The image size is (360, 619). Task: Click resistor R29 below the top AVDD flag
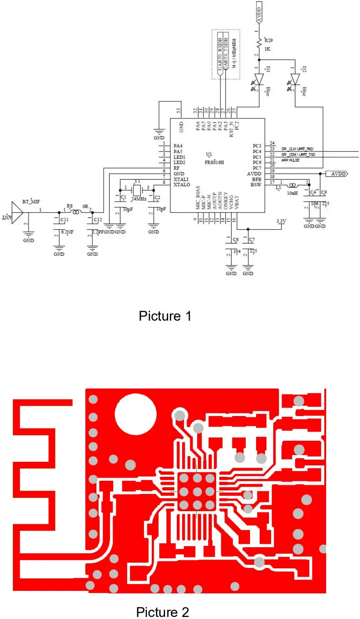point(259,44)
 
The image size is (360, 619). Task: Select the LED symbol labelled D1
point(259,79)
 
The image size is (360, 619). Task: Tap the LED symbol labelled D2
point(295,79)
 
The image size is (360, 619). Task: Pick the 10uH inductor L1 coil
point(293,185)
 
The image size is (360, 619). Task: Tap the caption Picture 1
point(165,316)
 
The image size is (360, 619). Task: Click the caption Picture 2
point(162,612)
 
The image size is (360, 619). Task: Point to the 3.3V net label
point(280,221)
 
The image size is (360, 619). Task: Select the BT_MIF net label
point(31,202)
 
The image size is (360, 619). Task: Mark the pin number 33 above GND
point(179,110)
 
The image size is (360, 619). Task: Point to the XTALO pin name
point(182,185)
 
